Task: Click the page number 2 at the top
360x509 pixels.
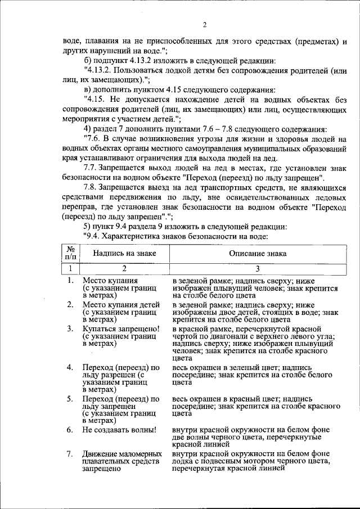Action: coord(205,24)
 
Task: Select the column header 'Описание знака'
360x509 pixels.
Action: coord(257,254)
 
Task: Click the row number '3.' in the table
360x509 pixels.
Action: coord(70,328)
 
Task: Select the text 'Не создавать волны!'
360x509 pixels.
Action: coord(119,430)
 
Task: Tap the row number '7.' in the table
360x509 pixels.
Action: coord(70,453)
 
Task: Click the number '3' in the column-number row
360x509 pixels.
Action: coord(258,268)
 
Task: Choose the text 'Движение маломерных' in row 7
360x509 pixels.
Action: coord(122,453)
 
